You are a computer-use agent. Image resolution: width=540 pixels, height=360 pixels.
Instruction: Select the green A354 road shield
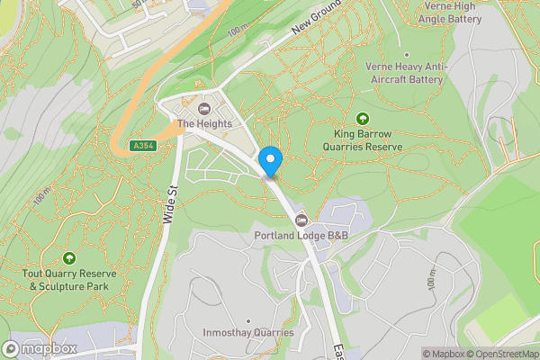(141, 146)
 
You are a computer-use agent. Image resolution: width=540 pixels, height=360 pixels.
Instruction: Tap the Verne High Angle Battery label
(451, 12)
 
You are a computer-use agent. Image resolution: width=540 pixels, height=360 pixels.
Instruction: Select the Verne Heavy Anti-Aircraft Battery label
(405, 73)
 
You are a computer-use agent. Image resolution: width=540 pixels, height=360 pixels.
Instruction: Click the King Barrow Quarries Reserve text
(362, 139)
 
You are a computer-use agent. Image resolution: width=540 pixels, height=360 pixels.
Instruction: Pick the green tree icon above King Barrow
(363, 118)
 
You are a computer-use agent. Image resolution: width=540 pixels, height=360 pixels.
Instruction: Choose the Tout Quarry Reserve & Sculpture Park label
(68, 279)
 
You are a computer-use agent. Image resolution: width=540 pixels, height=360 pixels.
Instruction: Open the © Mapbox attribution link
(445, 354)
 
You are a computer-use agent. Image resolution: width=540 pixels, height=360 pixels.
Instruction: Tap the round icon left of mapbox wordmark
(12, 348)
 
